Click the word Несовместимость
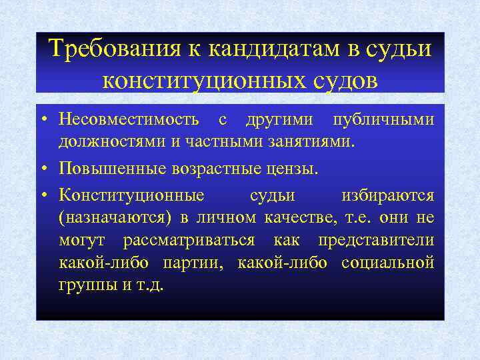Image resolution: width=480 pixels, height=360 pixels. click(x=129, y=120)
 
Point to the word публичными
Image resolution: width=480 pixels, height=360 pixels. click(x=393, y=120)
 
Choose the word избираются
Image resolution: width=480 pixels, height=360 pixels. click(x=387, y=196)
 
